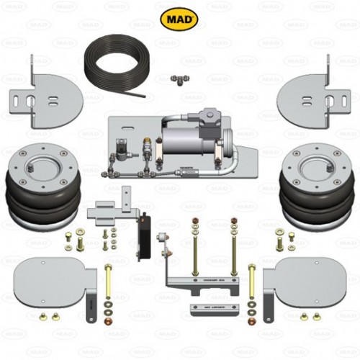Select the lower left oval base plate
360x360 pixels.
[50, 277]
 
